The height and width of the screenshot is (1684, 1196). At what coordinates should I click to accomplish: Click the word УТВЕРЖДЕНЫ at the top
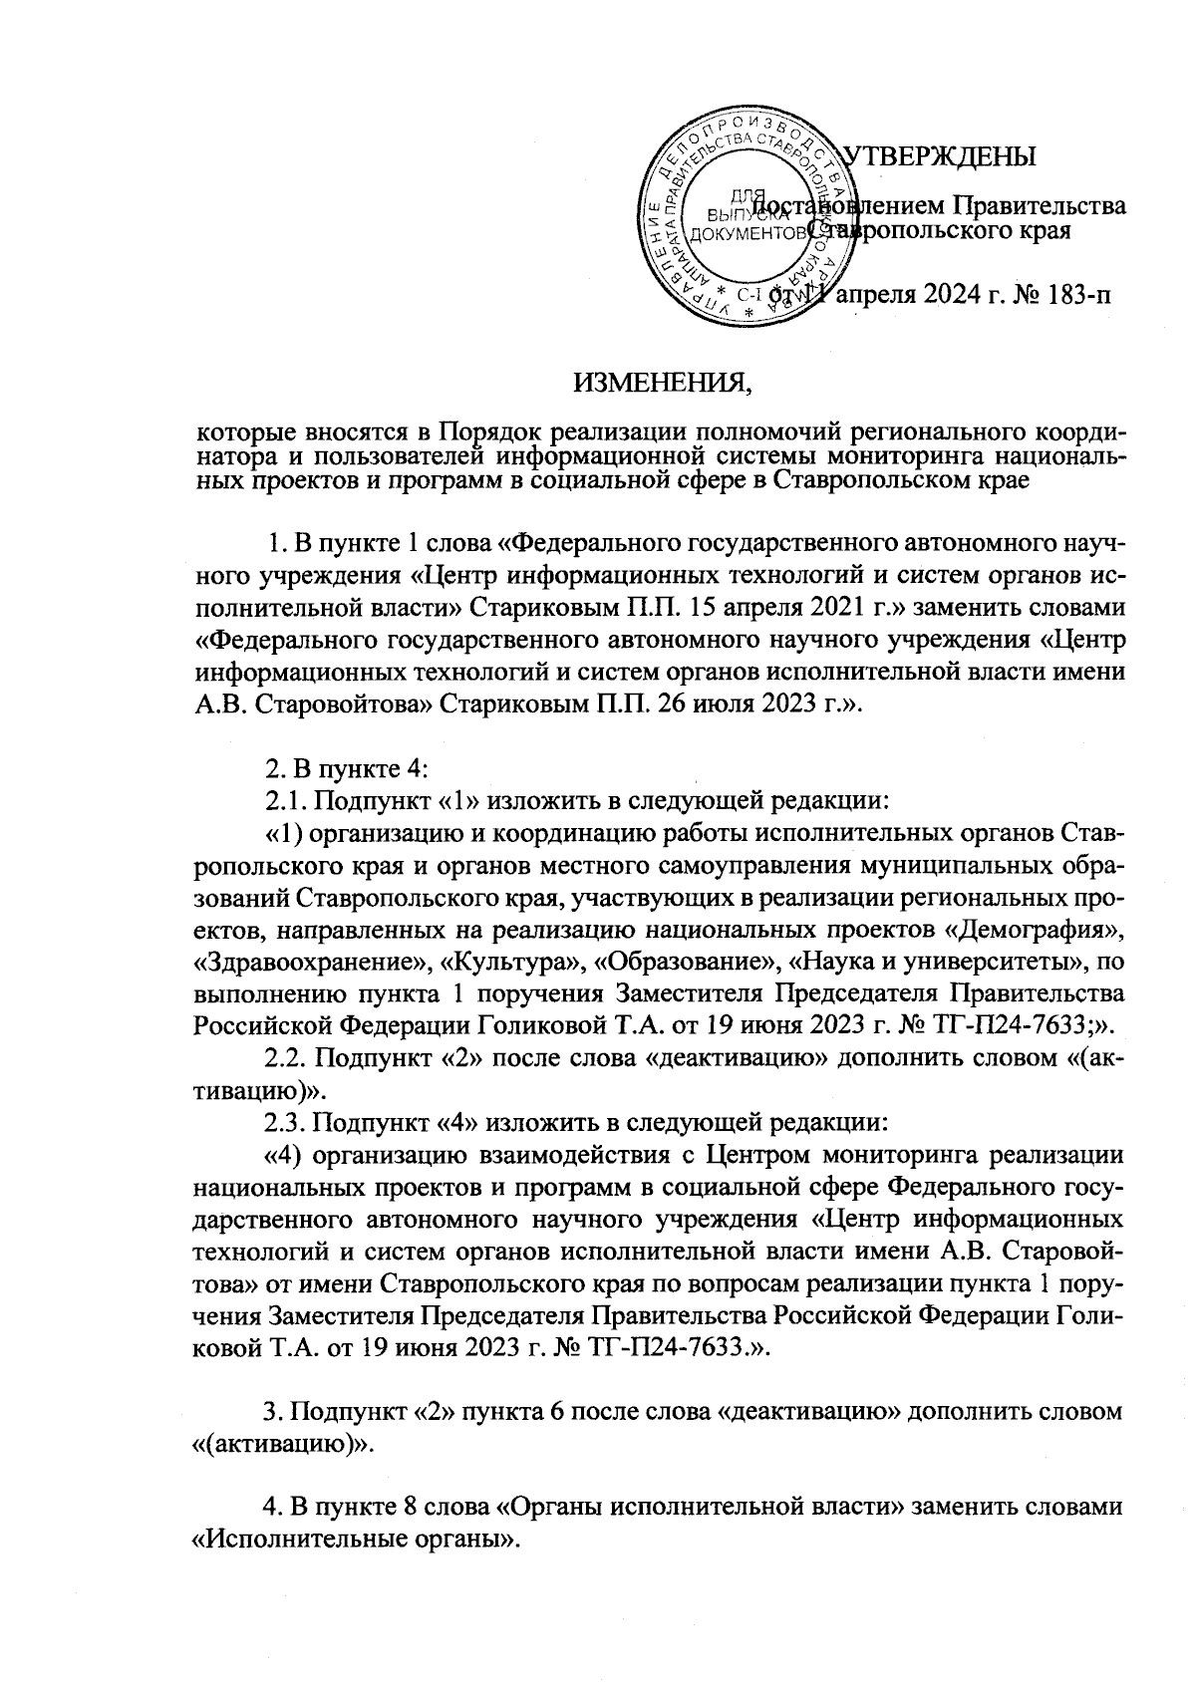pos(940,157)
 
